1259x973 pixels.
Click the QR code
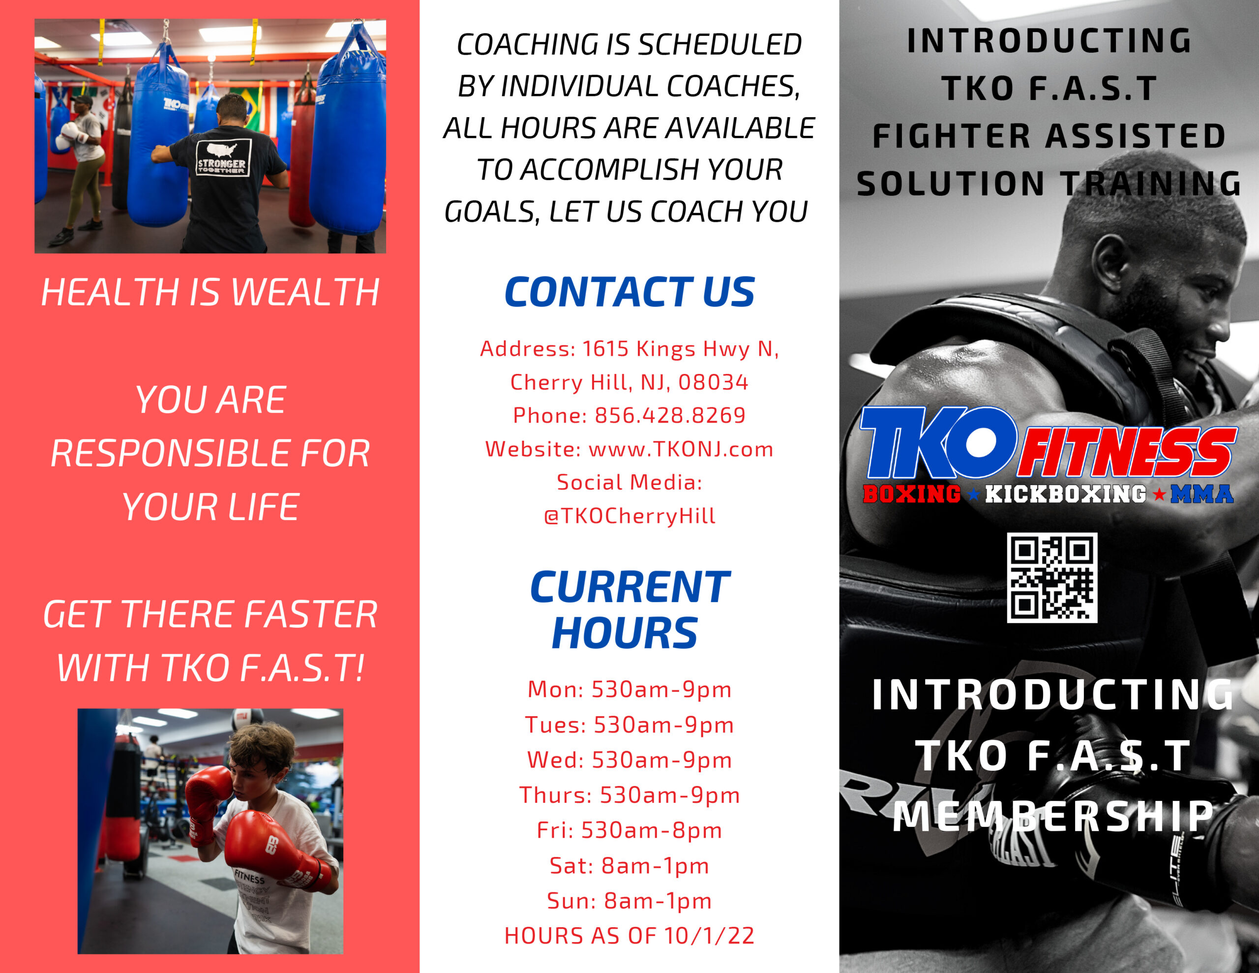coord(1051,578)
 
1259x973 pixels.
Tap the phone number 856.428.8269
coord(670,415)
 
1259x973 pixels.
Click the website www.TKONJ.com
coord(680,449)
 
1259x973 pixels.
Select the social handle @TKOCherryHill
coord(629,516)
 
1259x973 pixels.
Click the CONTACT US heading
coord(629,292)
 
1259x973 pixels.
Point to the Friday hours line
coord(629,830)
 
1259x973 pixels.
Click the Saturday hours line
coord(629,865)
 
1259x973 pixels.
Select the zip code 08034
coord(713,382)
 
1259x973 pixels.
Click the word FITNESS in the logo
coord(1127,453)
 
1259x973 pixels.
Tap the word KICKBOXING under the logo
coord(1065,494)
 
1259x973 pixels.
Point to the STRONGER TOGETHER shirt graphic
coord(222,158)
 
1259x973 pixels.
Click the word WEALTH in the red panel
coord(305,292)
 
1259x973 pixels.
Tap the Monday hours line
coord(629,689)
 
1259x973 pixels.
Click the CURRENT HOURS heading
coord(629,609)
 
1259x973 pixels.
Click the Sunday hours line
coord(629,900)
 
